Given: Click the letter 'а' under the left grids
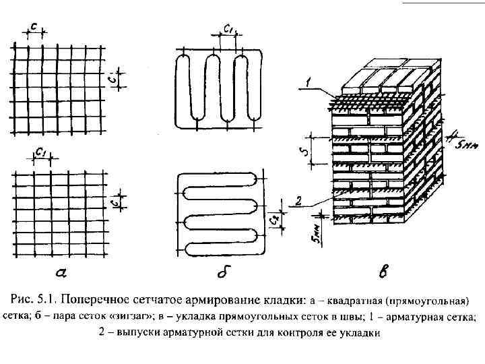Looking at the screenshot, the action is pyautogui.click(x=60, y=274).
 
